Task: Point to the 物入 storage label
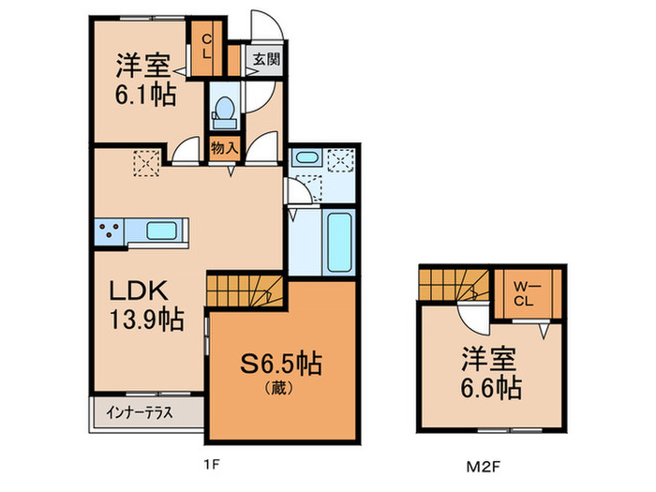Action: (223, 148)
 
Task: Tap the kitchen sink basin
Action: (164, 230)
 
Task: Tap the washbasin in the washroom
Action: (307, 159)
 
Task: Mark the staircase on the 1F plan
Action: (245, 287)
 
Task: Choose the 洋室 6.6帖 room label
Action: (490, 372)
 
